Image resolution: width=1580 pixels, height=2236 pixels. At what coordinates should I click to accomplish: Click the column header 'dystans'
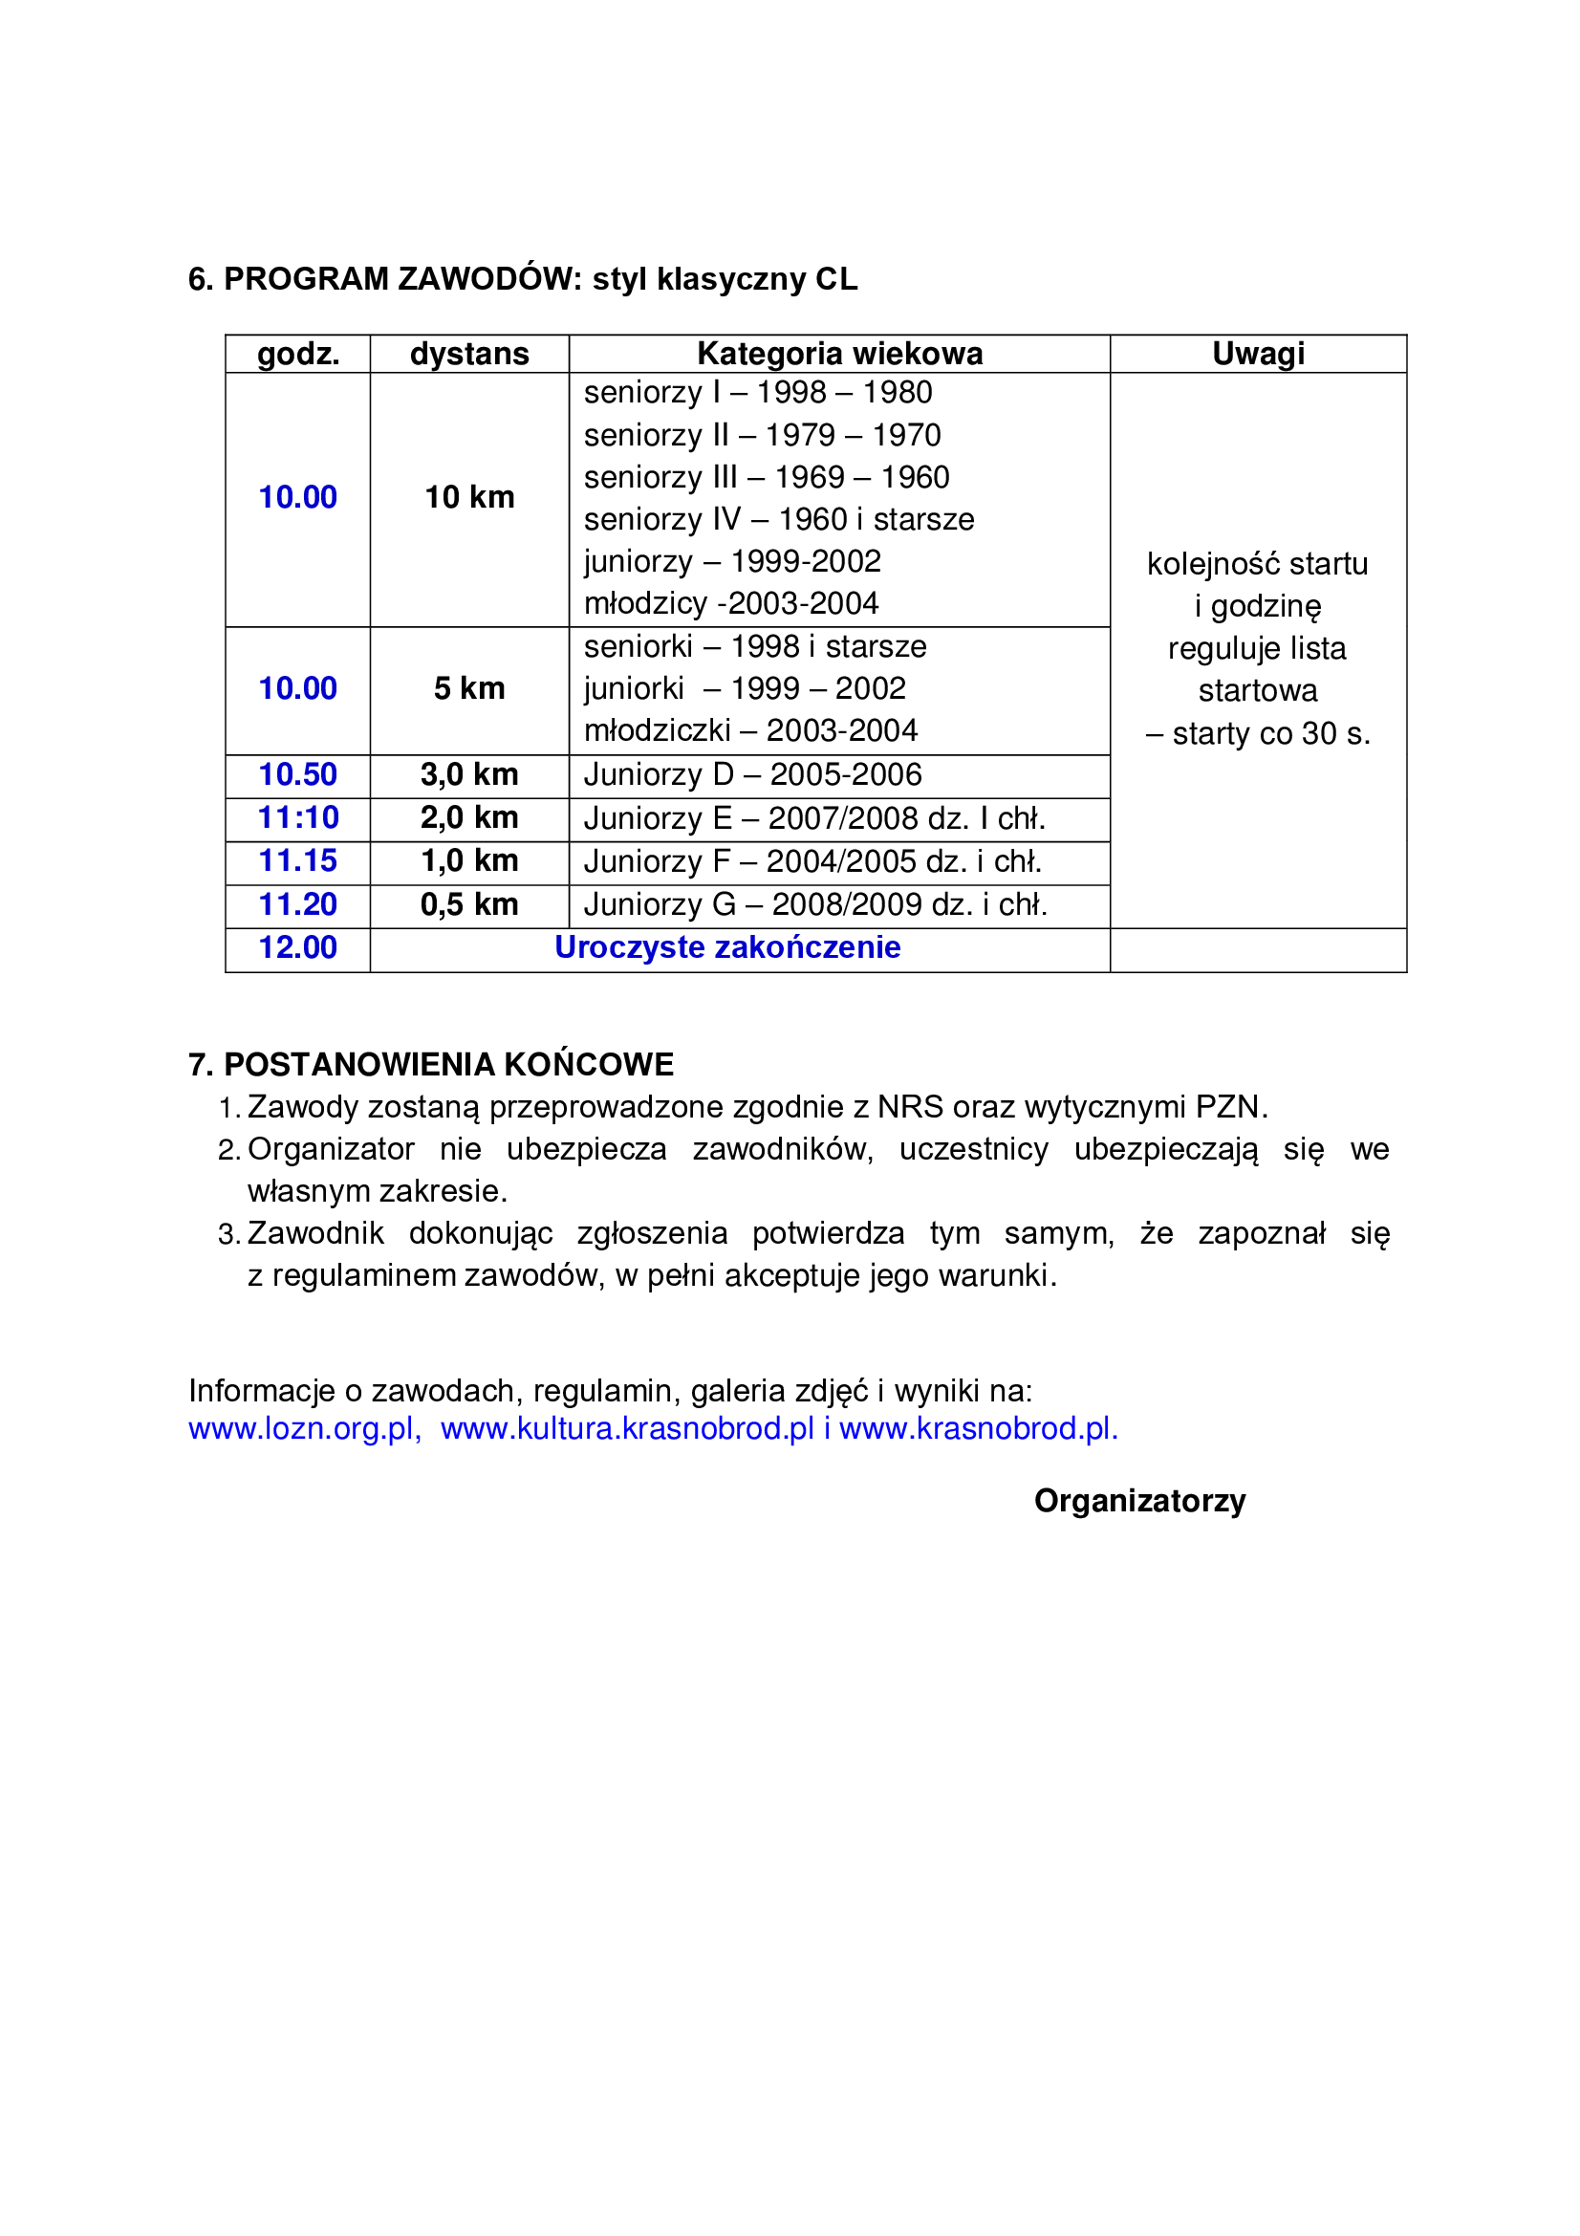pyautogui.click(x=469, y=354)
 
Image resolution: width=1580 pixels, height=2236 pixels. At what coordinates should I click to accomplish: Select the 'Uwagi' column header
pyautogui.click(x=1258, y=354)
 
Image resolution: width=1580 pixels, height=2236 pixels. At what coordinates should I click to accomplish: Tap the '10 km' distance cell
pyautogui.click(x=469, y=497)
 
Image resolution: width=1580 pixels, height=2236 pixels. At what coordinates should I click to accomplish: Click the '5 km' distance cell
pyautogui.click(x=469, y=688)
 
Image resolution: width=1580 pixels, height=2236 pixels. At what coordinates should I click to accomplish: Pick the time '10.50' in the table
pyautogui.click(x=297, y=774)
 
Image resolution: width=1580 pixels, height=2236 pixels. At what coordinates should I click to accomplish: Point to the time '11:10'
pyautogui.click(x=297, y=817)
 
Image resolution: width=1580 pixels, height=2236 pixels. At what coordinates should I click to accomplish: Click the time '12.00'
pyautogui.click(x=297, y=947)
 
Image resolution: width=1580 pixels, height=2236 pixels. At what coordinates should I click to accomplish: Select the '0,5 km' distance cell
pyautogui.click(x=469, y=904)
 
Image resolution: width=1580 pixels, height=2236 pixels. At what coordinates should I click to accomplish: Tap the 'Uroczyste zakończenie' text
pyautogui.click(x=727, y=947)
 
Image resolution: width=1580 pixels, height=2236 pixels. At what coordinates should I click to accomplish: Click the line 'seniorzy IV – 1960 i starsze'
pyautogui.click(x=779, y=519)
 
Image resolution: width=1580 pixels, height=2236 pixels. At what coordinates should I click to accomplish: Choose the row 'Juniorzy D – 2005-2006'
pyautogui.click(x=752, y=774)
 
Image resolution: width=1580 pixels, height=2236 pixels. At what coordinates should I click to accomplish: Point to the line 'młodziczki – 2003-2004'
pyautogui.click(x=750, y=730)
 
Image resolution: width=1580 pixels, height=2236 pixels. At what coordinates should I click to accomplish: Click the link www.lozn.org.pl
pyautogui.click(x=303, y=1428)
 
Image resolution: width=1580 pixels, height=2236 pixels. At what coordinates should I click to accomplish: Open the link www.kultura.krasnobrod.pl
pyautogui.click(x=627, y=1428)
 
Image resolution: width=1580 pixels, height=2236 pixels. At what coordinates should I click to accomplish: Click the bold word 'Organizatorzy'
pyautogui.click(x=1139, y=1501)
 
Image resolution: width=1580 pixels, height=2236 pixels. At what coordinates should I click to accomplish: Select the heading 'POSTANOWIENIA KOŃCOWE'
pyautogui.click(x=448, y=1064)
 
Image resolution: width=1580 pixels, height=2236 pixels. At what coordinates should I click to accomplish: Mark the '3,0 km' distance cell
pyautogui.click(x=469, y=774)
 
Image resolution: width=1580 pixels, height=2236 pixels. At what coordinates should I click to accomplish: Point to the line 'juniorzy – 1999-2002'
pyautogui.click(x=732, y=561)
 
